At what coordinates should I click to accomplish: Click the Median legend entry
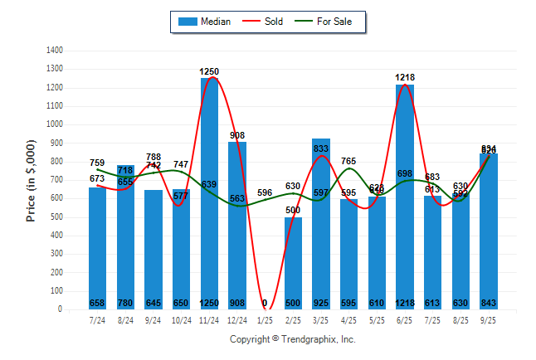click(x=206, y=22)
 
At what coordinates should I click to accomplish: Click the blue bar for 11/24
click(x=209, y=191)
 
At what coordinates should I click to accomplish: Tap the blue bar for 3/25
click(x=321, y=224)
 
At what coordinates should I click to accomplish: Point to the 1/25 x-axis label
click(x=265, y=319)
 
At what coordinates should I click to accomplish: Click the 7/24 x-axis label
click(x=98, y=319)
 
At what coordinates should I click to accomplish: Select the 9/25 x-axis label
click(x=489, y=319)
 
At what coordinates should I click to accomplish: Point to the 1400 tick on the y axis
click(x=56, y=51)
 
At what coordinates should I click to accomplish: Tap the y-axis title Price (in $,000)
click(x=31, y=180)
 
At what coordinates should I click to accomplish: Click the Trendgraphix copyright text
click(x=292, y=339)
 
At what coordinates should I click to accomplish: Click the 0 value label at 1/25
click(x=265, y=303)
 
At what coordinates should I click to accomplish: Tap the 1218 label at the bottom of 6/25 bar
click(x=405, y=303)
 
